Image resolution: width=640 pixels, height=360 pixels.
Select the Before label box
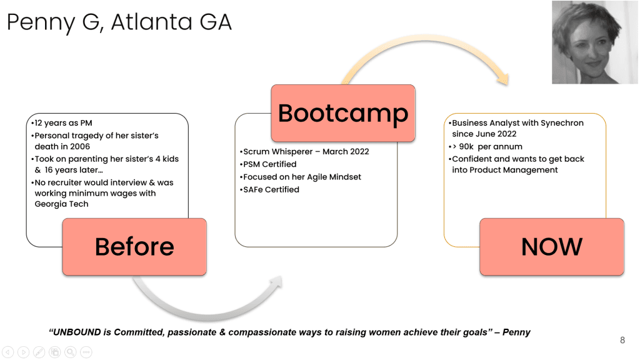click(134, 247)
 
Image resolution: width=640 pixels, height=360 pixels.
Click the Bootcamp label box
click(343, 113)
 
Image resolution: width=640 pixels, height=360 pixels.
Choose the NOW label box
click(551, 247)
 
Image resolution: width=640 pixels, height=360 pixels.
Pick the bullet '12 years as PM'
click(63, 123)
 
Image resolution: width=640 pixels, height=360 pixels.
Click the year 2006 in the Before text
click(79, 147)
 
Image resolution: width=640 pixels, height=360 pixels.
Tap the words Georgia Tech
click(61, 204)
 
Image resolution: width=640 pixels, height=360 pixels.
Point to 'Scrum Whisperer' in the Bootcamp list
click(276, 152)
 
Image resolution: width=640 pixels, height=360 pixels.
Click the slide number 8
click(622, 341)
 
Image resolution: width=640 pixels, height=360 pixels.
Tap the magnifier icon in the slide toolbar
click(71, 352)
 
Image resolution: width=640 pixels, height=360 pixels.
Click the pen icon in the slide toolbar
click(39, 352)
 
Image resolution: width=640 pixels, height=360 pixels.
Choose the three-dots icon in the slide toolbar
click(86, 352)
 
